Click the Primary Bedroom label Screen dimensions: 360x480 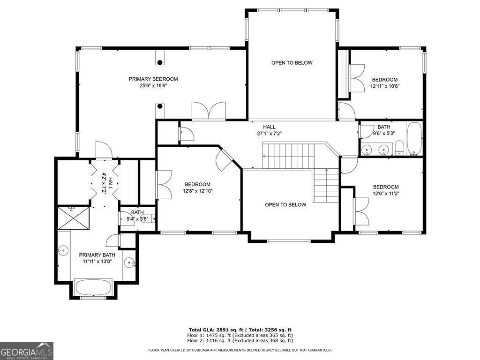(153, 79)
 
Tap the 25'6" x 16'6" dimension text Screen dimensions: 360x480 (153, 86)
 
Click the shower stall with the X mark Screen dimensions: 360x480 (73, 218)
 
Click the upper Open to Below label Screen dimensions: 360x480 (292, 63)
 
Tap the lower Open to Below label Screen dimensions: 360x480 (285, 204)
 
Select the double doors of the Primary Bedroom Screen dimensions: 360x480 (209, 112)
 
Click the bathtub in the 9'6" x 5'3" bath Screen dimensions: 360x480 (414, 138)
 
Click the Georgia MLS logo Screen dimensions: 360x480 (27, 351)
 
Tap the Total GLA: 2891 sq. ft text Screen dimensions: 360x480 (213, 330)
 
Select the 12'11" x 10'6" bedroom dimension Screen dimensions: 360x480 (384, 86)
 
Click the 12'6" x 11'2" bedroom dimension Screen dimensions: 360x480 (386, 193)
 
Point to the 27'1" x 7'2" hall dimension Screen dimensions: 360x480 (269, 133)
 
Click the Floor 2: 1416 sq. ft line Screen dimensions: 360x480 (240, 341)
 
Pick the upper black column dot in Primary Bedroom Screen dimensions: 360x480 (160, 62)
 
